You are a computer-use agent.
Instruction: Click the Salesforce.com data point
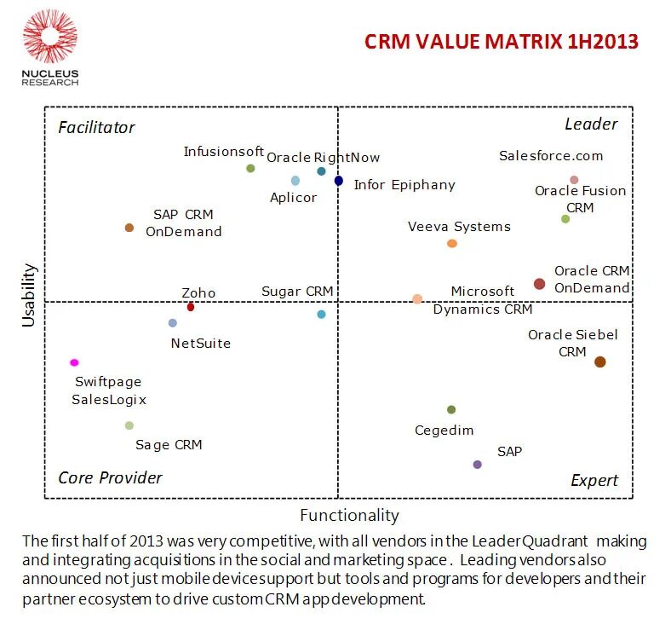[574, 180]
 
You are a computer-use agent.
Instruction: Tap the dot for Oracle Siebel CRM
[599, 361]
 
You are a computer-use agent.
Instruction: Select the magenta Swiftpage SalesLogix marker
[75, 362]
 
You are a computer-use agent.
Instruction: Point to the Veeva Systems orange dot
[452, 244]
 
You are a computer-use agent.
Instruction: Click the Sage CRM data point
[129, 425]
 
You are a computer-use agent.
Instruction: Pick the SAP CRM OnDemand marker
[129, 228]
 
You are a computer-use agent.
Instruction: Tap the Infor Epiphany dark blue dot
[339, 181]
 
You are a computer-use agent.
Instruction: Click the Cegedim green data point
[451, 410]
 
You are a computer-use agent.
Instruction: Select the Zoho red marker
[191, 307]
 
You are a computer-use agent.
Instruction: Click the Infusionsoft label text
[224, 152]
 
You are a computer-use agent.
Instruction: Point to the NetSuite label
[200, 344]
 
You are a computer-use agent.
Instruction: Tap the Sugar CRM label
[297, 292]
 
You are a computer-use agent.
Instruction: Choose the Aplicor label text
[293, 198]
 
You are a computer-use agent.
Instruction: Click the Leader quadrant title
[591, 124]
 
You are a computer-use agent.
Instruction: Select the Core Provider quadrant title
[110, 477]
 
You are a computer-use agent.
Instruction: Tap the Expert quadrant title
[594, 481]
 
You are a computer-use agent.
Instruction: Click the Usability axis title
[30, 295]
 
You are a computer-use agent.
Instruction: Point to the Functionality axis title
[349, 515]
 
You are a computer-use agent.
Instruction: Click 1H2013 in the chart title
[597, 42]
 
